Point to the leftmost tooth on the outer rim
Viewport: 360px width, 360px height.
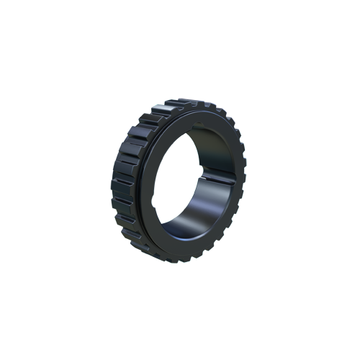tap(115, 180)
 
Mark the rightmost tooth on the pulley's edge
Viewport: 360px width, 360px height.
tap(243, 173)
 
